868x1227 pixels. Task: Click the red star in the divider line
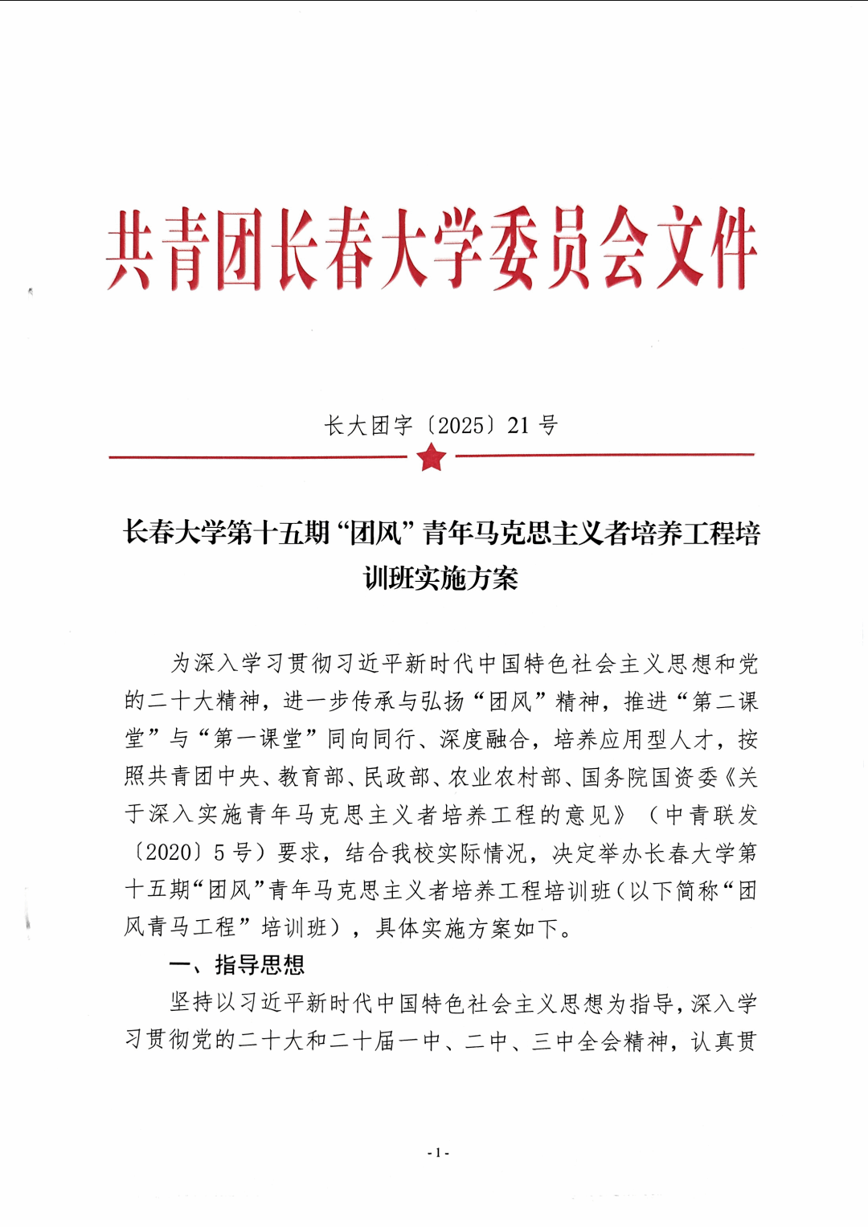[432, 457]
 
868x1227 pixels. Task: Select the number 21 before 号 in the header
[518, 425]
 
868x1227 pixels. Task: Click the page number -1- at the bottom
[437, 1152]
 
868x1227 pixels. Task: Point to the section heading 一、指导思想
[237, 964]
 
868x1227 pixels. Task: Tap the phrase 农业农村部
[505, 776]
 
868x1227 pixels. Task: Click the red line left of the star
[257, 457]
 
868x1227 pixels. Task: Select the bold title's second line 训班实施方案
[440, 578]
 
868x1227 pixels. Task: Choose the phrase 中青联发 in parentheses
[711, 814]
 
